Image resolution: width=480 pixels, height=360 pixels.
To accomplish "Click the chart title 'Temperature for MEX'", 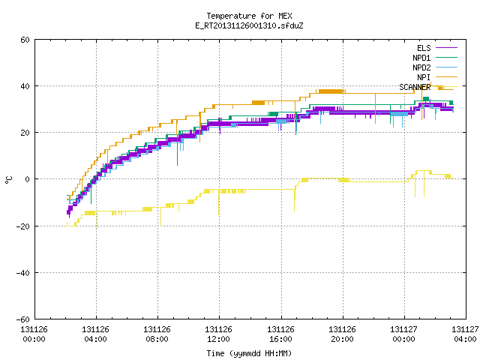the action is [249, 16].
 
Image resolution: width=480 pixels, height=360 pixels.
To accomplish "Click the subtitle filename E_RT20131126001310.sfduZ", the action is [249, 25].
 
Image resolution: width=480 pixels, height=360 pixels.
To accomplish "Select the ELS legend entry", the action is [424, 48].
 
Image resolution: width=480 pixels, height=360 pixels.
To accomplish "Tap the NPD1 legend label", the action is [421, 58].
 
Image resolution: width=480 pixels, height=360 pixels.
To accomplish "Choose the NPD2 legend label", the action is [421, 67].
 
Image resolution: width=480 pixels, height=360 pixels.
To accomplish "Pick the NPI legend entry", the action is [424, 77].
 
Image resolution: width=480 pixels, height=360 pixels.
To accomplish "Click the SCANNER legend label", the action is [415, 87].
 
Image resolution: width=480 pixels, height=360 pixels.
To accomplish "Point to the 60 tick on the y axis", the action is [25, 40].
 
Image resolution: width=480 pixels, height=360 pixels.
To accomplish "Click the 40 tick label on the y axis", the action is [25, 86].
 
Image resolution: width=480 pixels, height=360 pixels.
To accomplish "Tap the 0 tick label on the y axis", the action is [28, 179].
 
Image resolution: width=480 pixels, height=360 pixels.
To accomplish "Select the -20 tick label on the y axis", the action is [23, 226].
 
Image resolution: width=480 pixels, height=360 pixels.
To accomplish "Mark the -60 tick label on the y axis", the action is [23, 319].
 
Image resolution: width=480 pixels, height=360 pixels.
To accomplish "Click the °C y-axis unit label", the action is [8, 180].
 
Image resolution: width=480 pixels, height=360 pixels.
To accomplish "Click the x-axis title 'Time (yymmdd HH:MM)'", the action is [249, 353].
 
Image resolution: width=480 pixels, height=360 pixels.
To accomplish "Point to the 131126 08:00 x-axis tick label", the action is [157, 334].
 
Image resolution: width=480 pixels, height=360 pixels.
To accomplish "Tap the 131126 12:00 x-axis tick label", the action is [218, 334].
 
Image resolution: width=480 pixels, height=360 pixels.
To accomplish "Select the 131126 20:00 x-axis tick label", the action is [342, 334].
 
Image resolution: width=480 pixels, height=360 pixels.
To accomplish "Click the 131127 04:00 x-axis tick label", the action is [465, 334].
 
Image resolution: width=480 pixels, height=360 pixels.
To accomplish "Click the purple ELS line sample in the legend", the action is [447, 48].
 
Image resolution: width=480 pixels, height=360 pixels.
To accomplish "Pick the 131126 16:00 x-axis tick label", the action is [280, 334].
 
